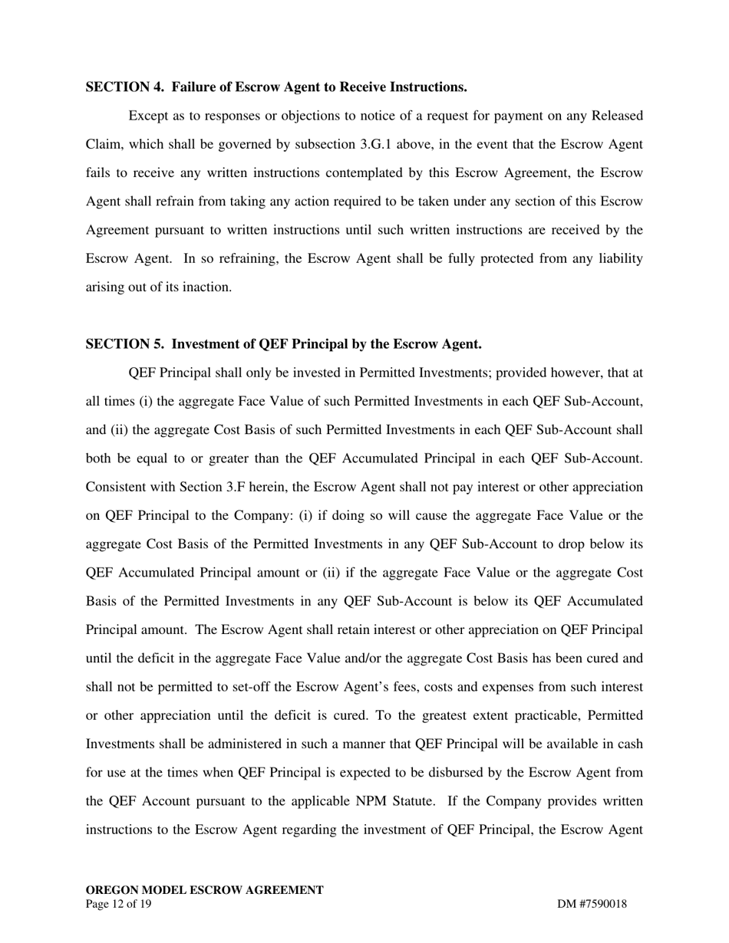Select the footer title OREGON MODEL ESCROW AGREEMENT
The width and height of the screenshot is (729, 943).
tap(204, 890)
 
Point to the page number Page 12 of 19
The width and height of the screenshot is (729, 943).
tap(119, 905)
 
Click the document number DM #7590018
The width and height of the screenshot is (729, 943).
tap(592, 905)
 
